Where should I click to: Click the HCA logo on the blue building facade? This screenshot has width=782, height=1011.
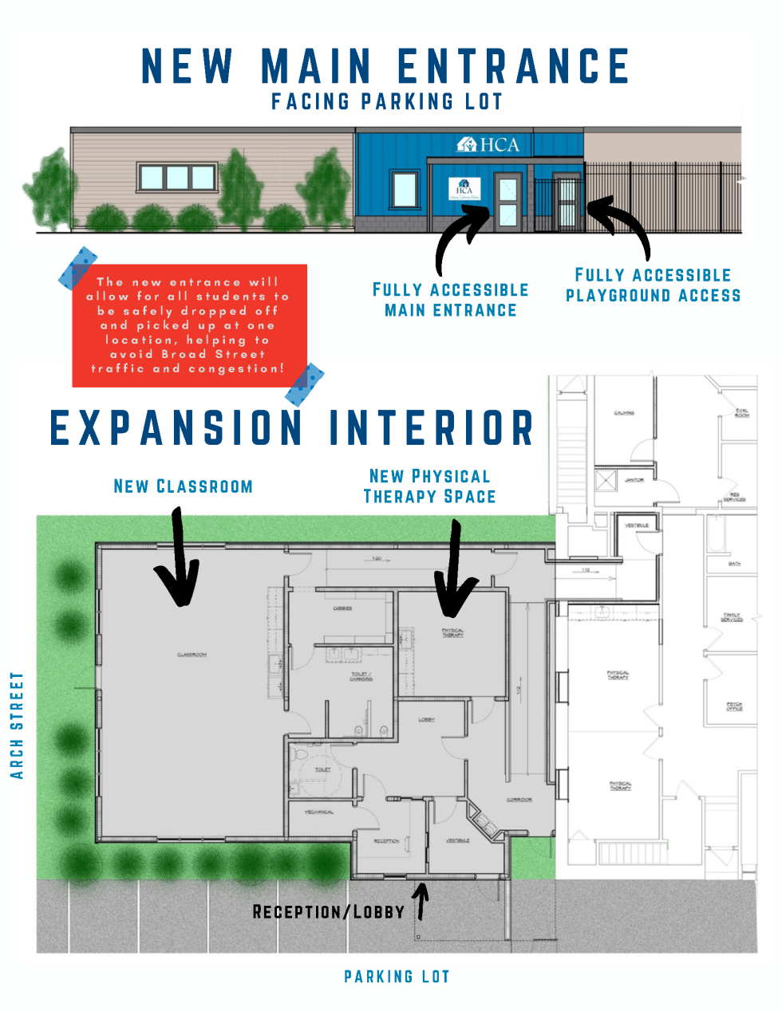click(488, 144)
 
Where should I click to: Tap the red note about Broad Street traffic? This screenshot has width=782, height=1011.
click(189, 325)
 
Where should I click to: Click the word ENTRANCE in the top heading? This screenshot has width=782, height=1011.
click(513, 66)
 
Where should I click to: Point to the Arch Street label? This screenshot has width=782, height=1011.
click(17, 726)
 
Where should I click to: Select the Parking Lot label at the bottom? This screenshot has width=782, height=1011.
click(397, 977)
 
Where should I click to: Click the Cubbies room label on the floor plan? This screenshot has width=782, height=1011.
click(342, 608)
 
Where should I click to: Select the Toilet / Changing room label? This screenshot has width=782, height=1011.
click(361, 676)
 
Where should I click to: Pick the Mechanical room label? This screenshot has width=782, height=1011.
click(319, 812)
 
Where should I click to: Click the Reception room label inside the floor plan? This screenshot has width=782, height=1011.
click(387, 840)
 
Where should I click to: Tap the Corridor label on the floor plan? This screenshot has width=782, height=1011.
click(519, 799)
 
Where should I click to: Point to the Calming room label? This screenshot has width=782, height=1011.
click(624, 413)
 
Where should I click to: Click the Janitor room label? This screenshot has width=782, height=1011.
click(634, 480)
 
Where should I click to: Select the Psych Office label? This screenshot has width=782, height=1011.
click(734, 706)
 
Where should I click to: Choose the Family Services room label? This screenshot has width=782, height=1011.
click(732, 617)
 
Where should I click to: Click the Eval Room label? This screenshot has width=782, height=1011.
click(741, 413)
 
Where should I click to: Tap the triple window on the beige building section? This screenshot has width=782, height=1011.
click(177, 177)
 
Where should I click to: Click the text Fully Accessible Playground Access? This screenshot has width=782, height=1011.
click(653, 285)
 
